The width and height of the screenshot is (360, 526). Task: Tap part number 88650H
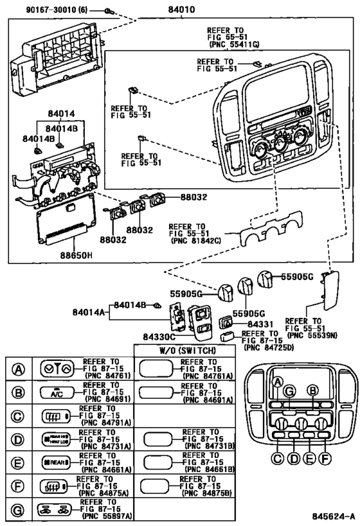pyautogui.click(x=76, y=255)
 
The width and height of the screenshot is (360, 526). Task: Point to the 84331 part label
pyautogui.click(x=261, y=325)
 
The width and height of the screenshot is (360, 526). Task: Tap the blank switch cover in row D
pyautogui.click(x=161, y=439)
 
